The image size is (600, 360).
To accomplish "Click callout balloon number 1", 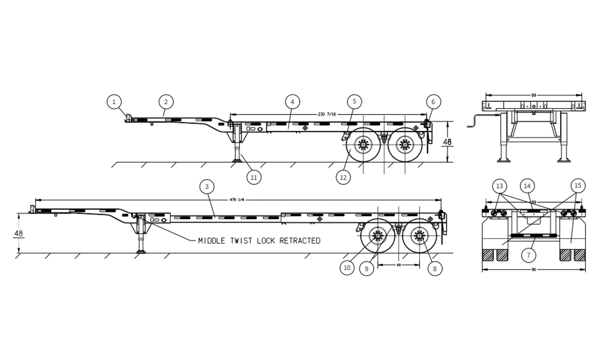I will click(114, 102).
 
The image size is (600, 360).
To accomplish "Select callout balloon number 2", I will click(166, 102).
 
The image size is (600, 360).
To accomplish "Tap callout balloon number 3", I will click(207, 186).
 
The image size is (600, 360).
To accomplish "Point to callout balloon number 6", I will click(433, 102).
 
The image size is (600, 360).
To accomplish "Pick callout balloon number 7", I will click(528, 255).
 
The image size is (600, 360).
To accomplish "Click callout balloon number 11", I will click(254, 177).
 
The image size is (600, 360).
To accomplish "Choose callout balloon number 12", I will click(343, 177).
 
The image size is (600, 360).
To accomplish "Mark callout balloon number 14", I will click(527, 186).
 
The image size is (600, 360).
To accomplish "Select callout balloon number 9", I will click(366, 269).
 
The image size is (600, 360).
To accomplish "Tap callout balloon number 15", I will click(578, 186).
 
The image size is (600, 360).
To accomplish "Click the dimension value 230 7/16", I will click(327, 114).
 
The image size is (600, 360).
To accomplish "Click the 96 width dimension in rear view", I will click(534, 270).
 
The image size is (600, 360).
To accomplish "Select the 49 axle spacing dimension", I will click(398, 265).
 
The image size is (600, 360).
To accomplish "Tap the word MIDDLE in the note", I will click(212, 241).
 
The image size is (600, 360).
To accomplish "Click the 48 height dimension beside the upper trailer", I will click(447, 142).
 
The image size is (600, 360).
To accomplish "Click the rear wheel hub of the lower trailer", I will click(418, 235).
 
